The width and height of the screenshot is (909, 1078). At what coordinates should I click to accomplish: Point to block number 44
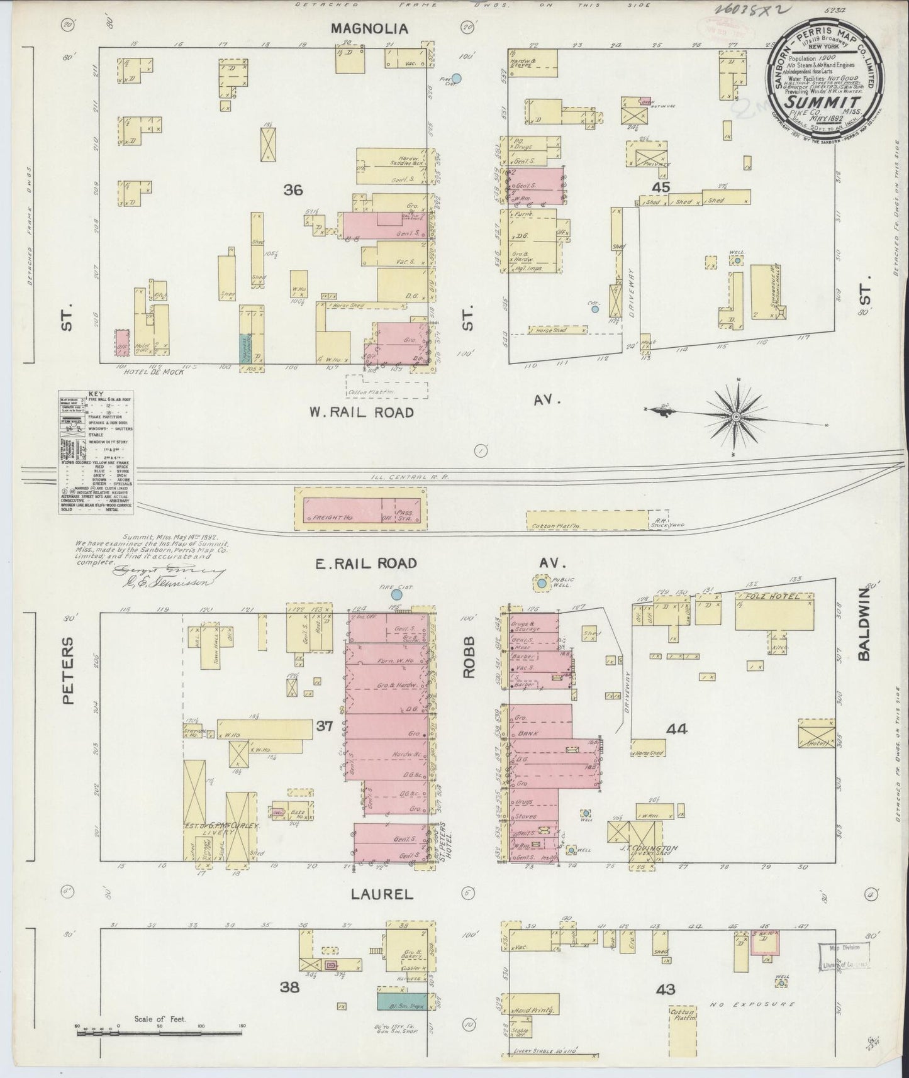pos(677,729)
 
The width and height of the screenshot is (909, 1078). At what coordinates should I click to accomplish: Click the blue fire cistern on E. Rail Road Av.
pos(397,594)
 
